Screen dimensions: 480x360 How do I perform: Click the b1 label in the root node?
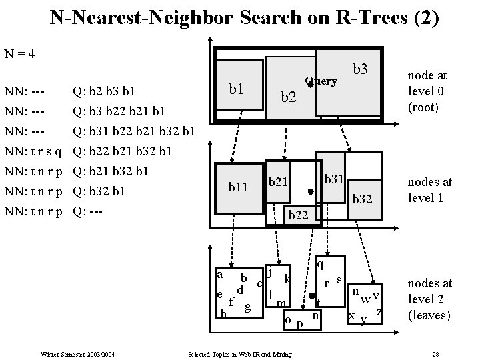coord(235,88)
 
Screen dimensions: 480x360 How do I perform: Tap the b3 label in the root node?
coord(361,69)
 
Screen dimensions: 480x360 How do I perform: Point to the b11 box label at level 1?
coord(238,187)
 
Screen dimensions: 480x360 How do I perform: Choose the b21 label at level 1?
coord(278,181)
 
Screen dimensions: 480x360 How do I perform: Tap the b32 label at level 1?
coord(363,198)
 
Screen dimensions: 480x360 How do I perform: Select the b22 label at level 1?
coord(297,214)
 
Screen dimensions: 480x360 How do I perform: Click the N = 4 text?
coord(20,53)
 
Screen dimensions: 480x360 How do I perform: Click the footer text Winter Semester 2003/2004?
coord(79,353)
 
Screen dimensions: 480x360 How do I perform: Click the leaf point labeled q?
coord(320,263)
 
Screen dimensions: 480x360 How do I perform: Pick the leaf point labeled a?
coord(220,273)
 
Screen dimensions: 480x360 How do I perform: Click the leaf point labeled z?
coord(379,312)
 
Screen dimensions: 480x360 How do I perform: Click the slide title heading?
coord(244,17)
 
